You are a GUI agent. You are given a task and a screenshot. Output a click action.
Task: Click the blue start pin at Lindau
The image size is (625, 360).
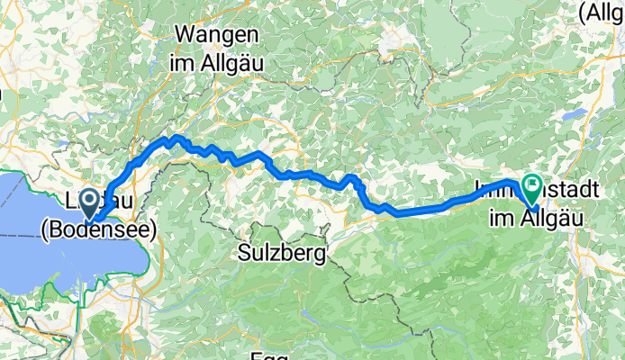click(x=90, y=202)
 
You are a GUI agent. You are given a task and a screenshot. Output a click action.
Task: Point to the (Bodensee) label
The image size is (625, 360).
click(x=99, y=230)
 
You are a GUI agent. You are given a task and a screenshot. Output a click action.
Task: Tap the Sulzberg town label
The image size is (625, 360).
click(x=282, y=254)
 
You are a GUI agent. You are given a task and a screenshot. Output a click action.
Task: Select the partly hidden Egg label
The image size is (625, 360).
click(x=269, y=355)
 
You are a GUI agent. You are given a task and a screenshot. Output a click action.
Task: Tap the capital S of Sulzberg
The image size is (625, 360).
click(x=245, y=254)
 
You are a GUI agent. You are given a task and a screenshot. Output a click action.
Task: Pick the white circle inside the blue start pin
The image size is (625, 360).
click(x=90, y=200)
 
